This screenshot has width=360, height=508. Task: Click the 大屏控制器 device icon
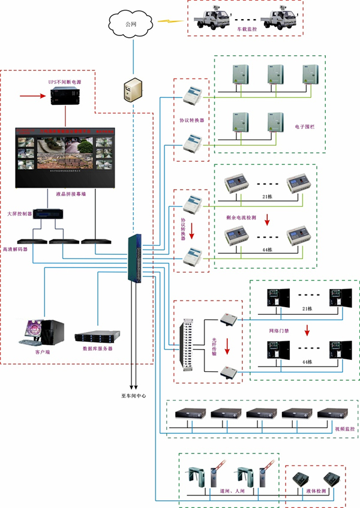(46, 214)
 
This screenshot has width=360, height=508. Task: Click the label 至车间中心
(134, 396)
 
